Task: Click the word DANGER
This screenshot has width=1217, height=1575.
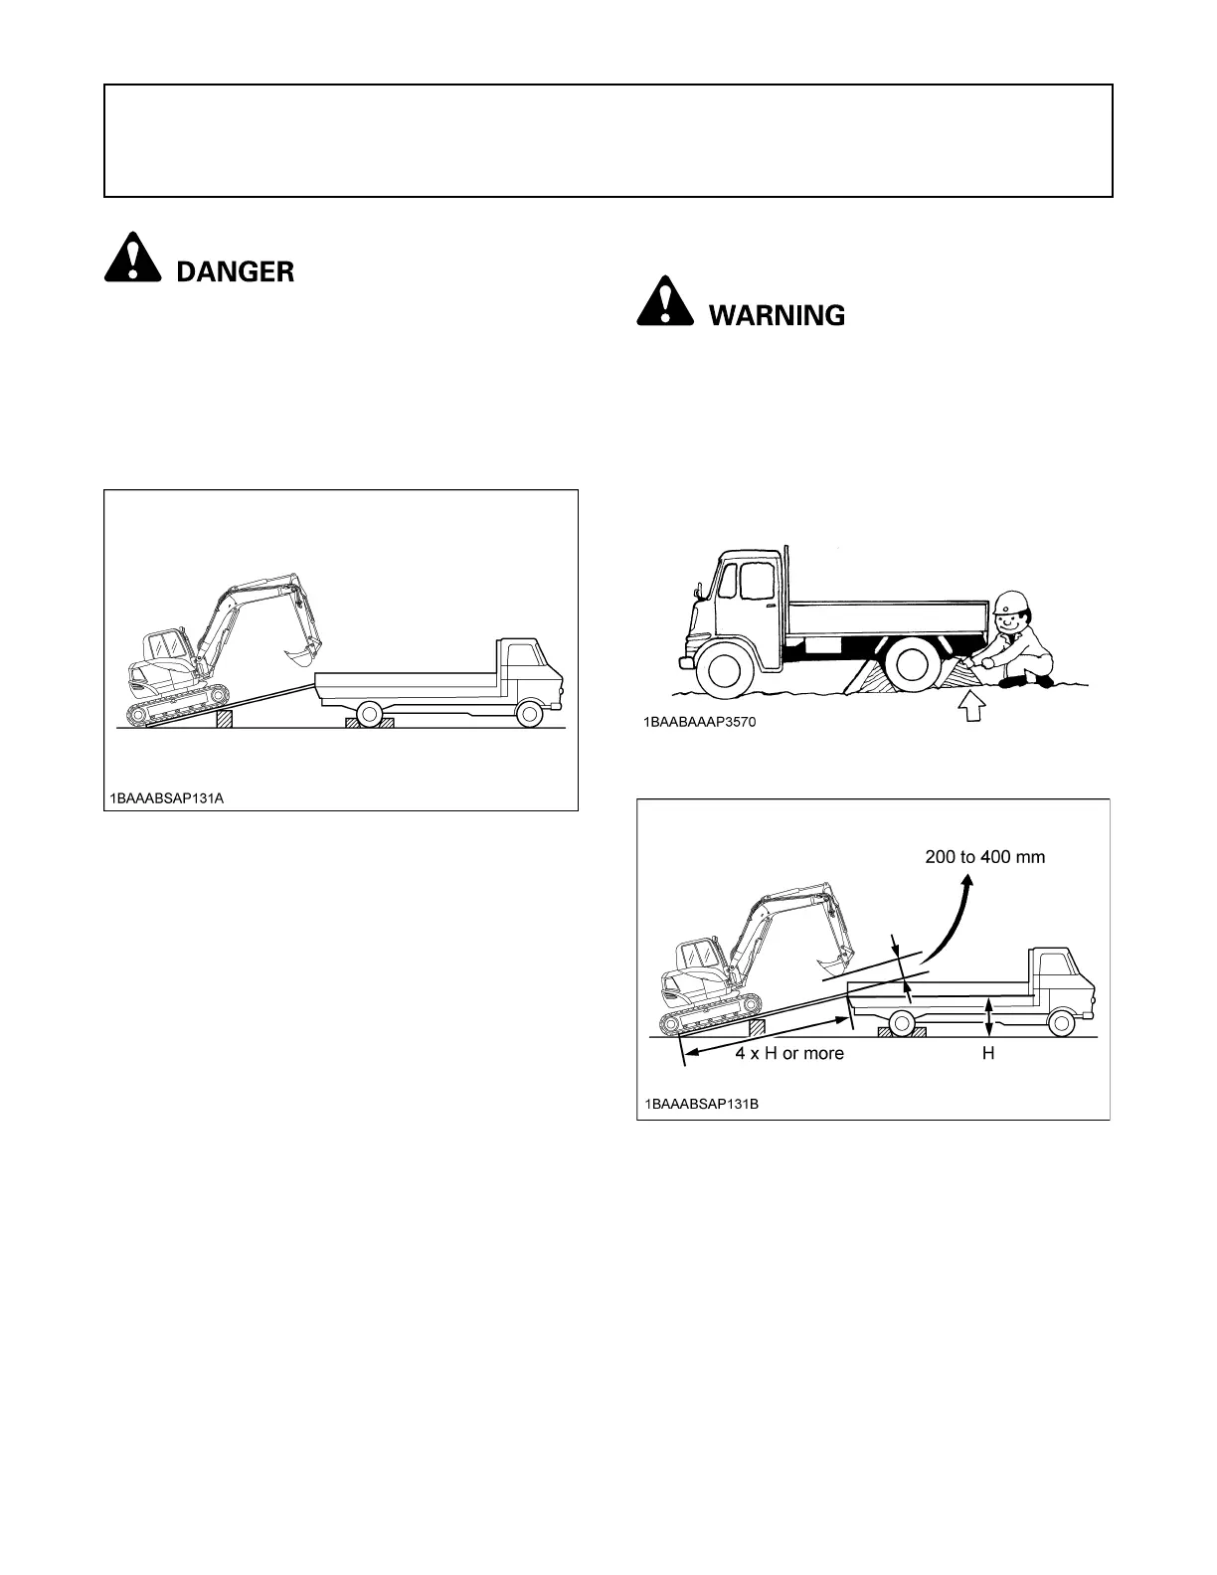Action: [x=236, y=271]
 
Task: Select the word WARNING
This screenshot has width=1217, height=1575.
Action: [x=777, y=316]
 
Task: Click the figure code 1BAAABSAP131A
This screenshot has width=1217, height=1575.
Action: [x=163, y=796]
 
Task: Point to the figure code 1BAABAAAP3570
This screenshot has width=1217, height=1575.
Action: [x=698, y=723]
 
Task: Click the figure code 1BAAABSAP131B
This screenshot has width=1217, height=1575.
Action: [x=701, y=1105]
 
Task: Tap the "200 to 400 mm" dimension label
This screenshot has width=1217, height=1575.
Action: [x=984, y=856]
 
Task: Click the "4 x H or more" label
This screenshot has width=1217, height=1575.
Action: [x=789, y=1053]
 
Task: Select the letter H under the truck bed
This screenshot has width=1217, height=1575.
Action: [x=988, y=1053]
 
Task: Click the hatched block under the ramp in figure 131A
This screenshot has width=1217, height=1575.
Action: [x=225, y=719]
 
